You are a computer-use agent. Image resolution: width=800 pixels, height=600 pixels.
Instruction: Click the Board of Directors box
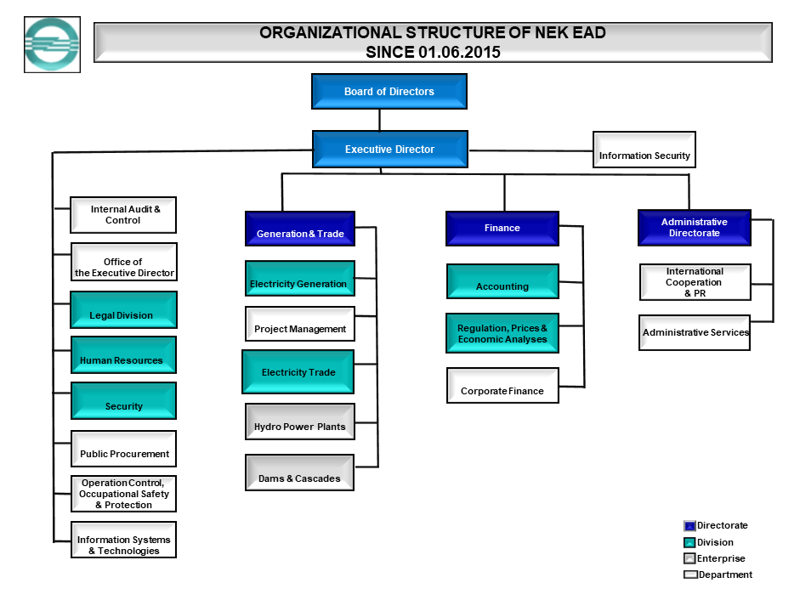click(389, 92)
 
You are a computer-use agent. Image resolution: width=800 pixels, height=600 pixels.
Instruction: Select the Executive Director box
click(389, 150)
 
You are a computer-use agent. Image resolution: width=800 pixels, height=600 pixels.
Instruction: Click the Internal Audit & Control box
click(123, 215)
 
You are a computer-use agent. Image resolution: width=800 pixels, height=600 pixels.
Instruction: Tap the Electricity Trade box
click(298, 372)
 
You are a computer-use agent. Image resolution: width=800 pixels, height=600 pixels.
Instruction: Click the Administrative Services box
click(695, 332)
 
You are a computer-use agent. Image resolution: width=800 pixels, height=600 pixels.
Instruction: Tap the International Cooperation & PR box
click(695, 282)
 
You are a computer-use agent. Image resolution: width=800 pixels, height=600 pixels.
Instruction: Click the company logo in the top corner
click(52, 44)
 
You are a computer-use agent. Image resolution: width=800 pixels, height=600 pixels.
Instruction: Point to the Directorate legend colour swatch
click(689, 526)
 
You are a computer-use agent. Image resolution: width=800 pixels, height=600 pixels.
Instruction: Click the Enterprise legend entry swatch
click(689, 558)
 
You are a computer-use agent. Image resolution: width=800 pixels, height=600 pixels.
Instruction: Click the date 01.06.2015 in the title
click(459, 52)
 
